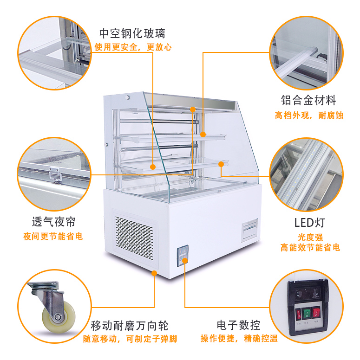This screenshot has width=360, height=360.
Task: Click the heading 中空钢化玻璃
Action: tap(132, 33)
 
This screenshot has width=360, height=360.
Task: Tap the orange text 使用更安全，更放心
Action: tap(133, 47)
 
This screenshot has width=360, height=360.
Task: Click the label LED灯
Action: tap(308, 222)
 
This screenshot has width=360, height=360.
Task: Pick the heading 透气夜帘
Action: tap(54, 221)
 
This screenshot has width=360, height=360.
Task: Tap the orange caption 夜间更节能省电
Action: tap(53, 236)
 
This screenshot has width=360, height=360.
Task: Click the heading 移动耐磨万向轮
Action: tap(130, 325)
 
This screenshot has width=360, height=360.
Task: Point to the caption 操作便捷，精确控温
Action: tap(239, 339)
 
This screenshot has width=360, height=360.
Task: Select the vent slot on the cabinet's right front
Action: tap(249, 229)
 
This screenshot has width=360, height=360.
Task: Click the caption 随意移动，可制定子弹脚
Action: tap(130, 339)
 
